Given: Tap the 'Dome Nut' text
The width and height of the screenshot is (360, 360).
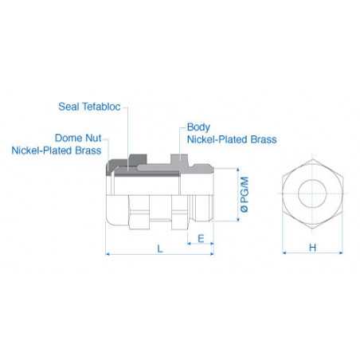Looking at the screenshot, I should [x=78, y=137].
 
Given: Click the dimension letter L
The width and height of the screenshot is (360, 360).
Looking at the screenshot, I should [x=159, y=248].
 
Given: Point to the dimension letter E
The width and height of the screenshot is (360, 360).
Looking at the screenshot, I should [x=200, y=238].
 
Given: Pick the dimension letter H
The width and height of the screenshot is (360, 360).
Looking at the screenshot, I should [x=312, y=248].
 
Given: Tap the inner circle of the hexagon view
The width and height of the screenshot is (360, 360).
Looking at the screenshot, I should [x=312, y=194].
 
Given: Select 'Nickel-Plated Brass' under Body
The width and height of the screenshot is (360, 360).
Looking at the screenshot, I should [x=231, y=139].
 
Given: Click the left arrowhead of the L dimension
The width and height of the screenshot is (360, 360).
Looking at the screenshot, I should [x=108, y=255].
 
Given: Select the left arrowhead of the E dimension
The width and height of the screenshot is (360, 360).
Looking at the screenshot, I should [x=190, y=245].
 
